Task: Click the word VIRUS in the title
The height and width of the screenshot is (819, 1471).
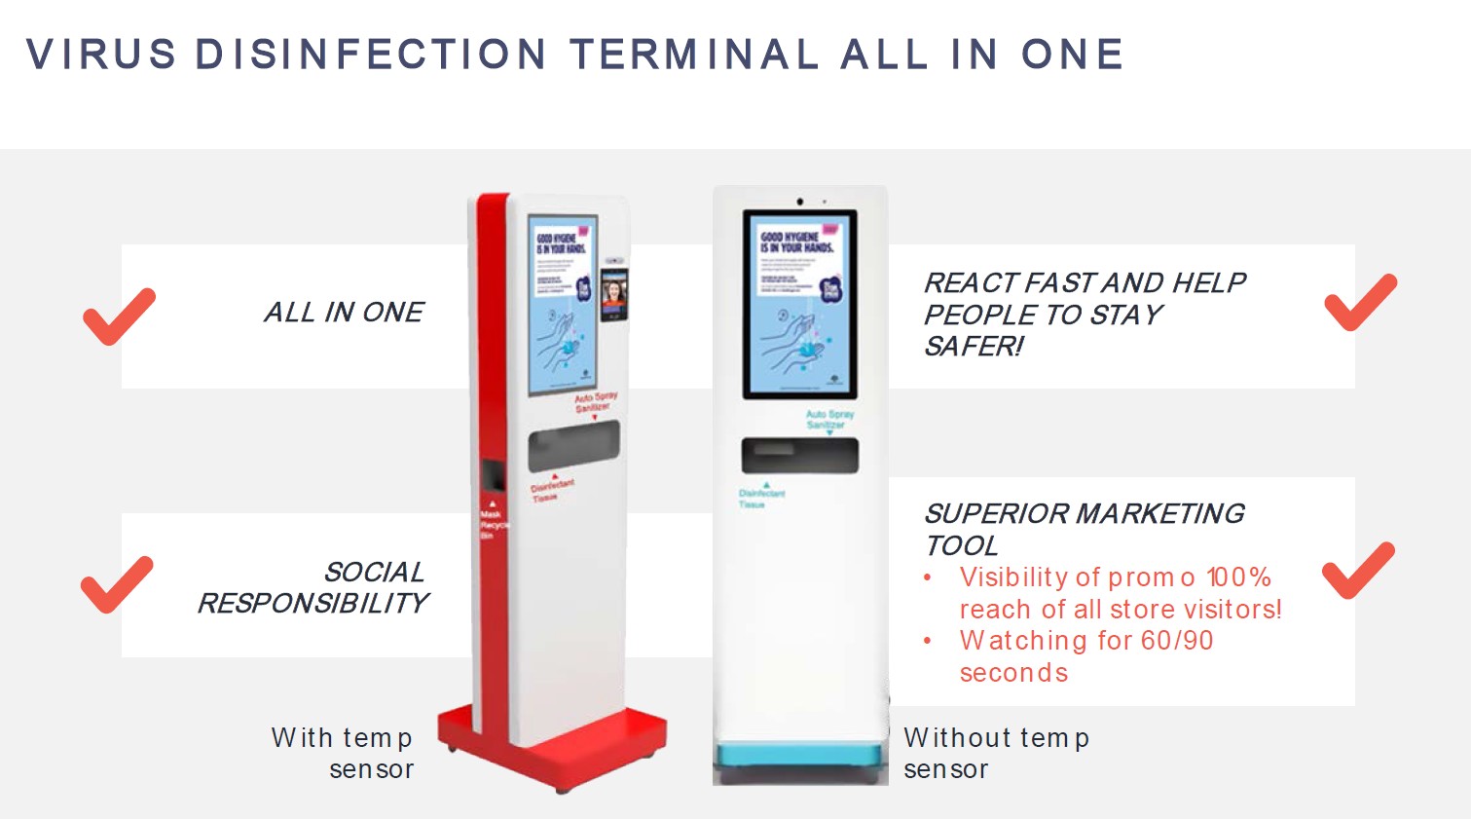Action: pyautogui.click(x=101, y=55)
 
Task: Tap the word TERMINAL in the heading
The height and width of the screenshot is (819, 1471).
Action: pyautogui.click(x=694, y=55)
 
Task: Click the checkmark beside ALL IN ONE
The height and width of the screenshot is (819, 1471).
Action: pyautogui.click(x=119, y=316)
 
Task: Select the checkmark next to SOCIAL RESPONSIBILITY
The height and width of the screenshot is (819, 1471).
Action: pyautogui.click(x=117, y=584)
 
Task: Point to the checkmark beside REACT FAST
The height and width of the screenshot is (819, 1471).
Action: pyautogui.click(x=1360, y=302)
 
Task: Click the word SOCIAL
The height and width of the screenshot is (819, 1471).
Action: pyautogui.click(x=374, y=572)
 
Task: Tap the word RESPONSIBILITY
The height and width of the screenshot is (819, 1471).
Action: pyautogui.click(x=313, y=604)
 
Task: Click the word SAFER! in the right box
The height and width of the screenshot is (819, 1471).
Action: pyautogui.click(x=974, y=347)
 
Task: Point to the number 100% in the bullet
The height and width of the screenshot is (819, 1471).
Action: pyautogui.click(x=1238, y=577)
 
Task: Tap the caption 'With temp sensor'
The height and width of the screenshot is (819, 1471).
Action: pyautogui.click(x=343, y=753)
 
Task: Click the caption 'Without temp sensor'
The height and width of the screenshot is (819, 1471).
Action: pyautogui.click(x=995, y=753)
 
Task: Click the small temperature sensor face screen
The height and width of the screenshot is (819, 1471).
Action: pyautogui.click(x=614, y=293)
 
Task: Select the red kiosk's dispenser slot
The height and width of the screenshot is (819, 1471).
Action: pyautogui.click(x=573, y=446)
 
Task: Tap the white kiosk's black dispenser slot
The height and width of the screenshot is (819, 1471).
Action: pyautogui.click(x=799, y=456)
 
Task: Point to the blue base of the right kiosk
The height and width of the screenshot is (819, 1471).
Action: pyautogui.click(x=800, y=756)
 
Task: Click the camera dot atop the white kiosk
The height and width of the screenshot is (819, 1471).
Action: pyautogui.click(x=800, y=202)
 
